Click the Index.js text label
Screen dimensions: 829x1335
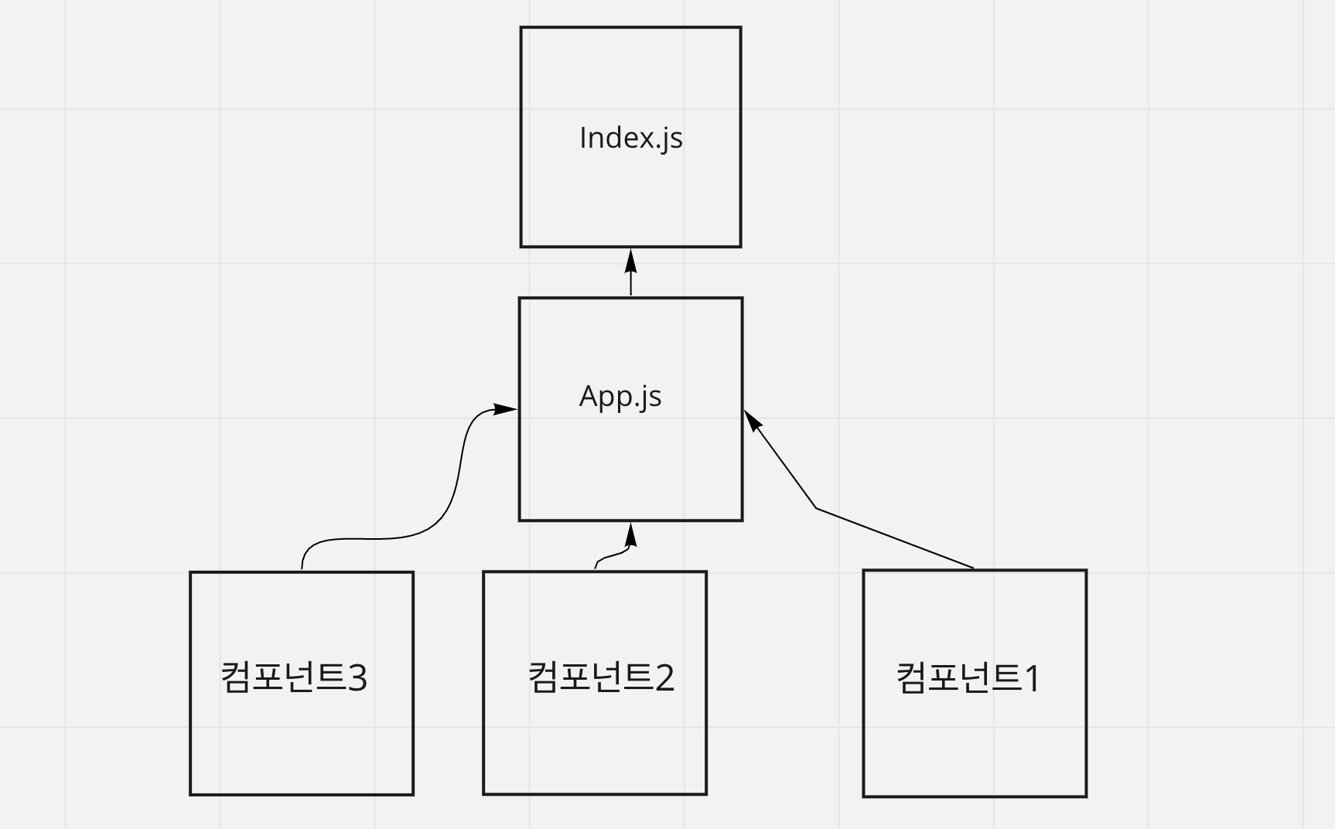tap(630, 138)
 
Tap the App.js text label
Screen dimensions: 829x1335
tap(620, 396)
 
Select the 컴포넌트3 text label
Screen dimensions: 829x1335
tap(294, 677)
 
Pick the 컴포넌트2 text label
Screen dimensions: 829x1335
tap(601, 677)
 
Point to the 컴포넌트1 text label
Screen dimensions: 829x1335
tap(968, 677)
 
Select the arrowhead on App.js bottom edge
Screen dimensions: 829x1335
tap(631, 534)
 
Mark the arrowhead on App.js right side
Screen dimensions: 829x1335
tap(752, 421)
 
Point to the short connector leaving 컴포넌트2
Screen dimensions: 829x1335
tap(611, 554)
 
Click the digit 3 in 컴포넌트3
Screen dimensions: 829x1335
tap(357, 678)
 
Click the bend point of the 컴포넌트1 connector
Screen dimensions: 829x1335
tap(817, 509)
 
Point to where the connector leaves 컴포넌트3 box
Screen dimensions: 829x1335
tap(302, 569)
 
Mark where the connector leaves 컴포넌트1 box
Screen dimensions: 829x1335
tap(973, 568)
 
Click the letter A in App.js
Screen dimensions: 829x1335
tap(589, 396)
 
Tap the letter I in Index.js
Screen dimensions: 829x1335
tap(583, 138)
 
